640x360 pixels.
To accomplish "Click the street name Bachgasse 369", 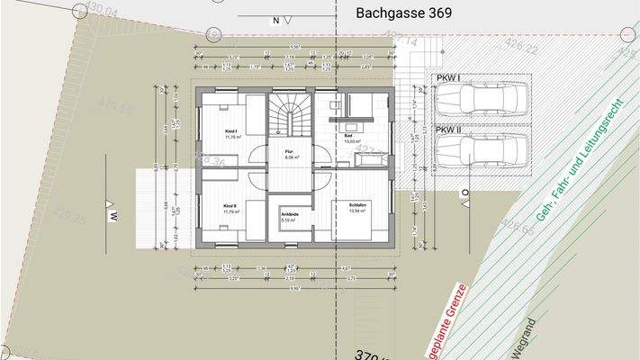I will tap(404, 14).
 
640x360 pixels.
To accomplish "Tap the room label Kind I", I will tap(230, 130).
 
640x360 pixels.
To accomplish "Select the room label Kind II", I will tap(230, 206).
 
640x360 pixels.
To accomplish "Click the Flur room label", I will tap(290, 151).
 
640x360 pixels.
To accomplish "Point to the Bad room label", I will tap(349, 136).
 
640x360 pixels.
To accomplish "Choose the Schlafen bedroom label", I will tap(358, 206).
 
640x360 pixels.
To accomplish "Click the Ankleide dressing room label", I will tap(290, 214).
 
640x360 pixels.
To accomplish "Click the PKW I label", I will tap(447, 77).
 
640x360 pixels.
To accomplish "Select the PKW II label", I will tap(449, 130).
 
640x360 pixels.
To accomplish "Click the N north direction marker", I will tap(275, 18).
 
